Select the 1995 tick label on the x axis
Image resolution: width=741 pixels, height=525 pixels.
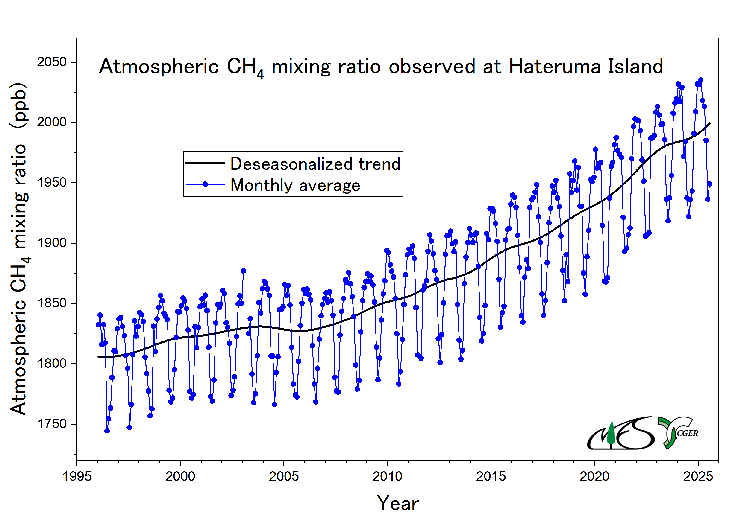(x=77, y=476)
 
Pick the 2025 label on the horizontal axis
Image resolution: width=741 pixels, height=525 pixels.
(x=698, y=476)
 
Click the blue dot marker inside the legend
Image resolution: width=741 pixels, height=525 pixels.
(x=205, y=184)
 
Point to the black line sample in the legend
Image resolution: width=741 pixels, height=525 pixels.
(x=205, y=163)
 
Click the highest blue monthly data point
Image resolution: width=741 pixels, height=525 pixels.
(x=701, y=80)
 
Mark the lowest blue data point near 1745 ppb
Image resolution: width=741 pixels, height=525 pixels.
(x=107, y=431)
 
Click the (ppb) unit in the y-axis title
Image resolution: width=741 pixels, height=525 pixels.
(x=19, y=105)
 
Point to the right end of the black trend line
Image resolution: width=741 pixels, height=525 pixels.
(x=709, y=123)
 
